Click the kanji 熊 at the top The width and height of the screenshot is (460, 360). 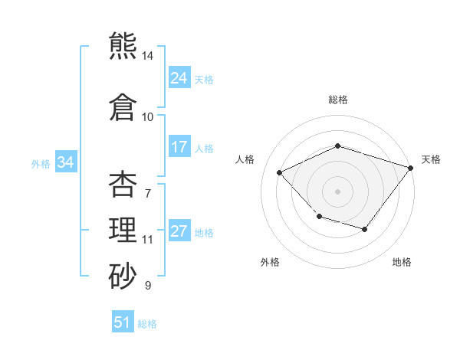123,45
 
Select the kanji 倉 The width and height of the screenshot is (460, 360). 123,106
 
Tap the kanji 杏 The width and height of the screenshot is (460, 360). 123,185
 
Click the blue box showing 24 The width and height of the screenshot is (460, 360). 179,78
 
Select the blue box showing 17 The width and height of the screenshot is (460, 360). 179,147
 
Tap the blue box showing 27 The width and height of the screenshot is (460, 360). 179,231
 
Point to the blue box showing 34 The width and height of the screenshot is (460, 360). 65,162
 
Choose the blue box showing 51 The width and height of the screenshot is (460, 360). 123,322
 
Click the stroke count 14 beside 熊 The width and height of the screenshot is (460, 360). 148,56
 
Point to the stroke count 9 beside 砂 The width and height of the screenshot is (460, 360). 148,286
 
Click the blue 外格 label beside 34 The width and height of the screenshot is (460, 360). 41,163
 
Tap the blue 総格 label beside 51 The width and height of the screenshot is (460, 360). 147,323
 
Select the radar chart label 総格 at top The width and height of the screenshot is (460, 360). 337,100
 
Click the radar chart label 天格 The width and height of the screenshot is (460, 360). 431,159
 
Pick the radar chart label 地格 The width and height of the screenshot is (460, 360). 402,262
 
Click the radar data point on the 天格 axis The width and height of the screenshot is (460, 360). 412,167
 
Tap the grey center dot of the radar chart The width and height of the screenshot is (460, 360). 337,191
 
